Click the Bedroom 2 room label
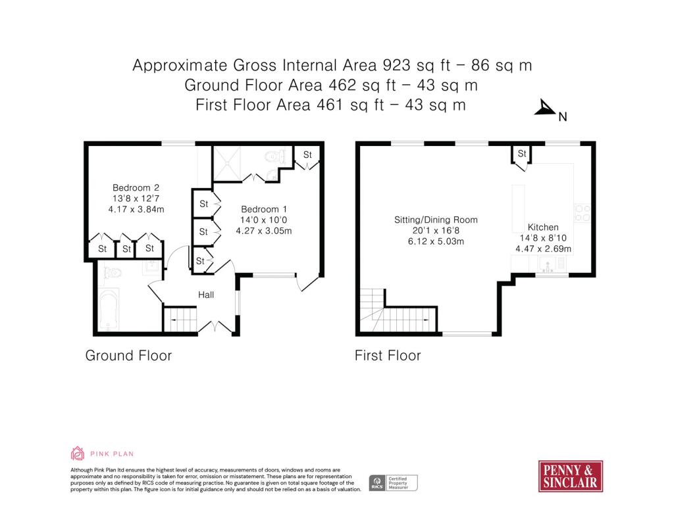[136, 187]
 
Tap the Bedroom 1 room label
[263, 209]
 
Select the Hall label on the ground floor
[206, 295]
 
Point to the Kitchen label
[543, 227]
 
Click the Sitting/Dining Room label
[436, 220]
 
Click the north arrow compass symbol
[545, 108]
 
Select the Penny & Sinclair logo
[571, 476]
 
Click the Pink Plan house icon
[78, 454]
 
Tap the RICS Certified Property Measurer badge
[394, 483]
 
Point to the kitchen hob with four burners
[583, 213]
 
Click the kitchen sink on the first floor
[547, 264]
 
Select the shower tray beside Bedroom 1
[227, 164]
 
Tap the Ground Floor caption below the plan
[128, 356]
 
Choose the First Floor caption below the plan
[388, 356]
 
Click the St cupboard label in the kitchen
[522, 153]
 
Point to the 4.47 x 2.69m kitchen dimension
[543, 249]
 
